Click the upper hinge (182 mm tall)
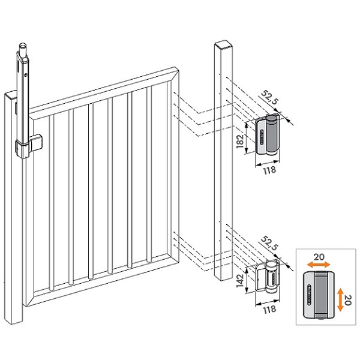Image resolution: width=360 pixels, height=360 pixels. (x=268, y=137)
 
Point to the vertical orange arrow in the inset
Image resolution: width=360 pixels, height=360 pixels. (x=340, y=298)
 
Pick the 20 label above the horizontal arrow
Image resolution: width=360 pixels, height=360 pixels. (x=317, y=256)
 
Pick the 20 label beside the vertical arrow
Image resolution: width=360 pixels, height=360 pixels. (x=349, y=298)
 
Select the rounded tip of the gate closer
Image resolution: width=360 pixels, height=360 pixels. (x=23, y=46)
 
